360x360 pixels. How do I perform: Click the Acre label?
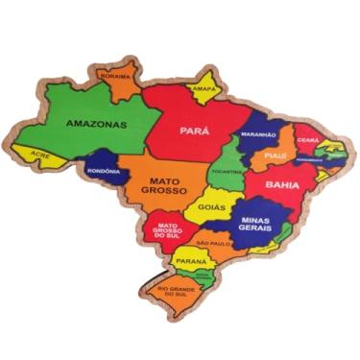coord(39,154)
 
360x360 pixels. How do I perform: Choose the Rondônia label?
coord(103,171)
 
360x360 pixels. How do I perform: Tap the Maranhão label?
coord(257,135)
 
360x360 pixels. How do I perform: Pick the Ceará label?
coord(307,138)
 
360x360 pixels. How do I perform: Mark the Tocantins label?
coord(228,171)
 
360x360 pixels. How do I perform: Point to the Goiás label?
coord(212,205)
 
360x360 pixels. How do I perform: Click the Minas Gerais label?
coord(255,224)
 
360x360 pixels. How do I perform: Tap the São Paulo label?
coord(215,243)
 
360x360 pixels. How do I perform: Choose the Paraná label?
coord(191,261)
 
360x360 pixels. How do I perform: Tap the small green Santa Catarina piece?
coord(203,275)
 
